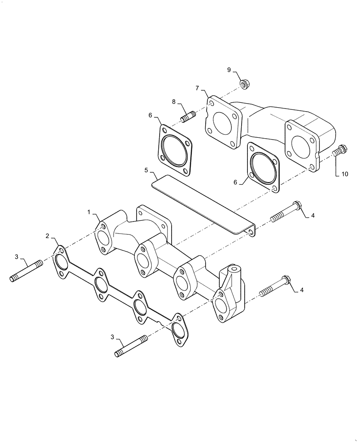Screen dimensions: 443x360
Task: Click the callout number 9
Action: coord(229,70)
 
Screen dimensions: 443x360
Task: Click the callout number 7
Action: coord(198,88)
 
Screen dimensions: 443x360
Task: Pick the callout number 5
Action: coord(146,170)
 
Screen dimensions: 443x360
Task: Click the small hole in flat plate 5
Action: coord(251,232)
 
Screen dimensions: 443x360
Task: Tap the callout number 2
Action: coord(47,236)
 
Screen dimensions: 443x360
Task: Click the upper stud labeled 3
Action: coord(26,271)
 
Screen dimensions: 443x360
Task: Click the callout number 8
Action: coord(174,102)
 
